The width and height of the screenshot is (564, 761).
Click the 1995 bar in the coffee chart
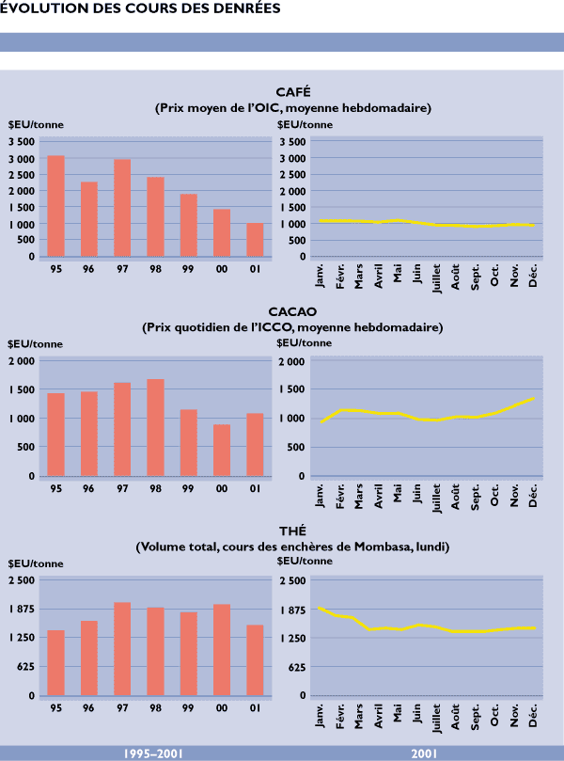[x=56, y=205]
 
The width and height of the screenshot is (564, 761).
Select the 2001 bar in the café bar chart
[x=255, y=239]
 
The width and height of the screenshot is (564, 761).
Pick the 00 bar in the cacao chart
[x=221, y=450]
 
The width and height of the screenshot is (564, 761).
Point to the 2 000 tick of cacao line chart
[x=291, y=361]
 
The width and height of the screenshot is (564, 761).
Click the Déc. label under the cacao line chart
[x=532, y=496]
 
